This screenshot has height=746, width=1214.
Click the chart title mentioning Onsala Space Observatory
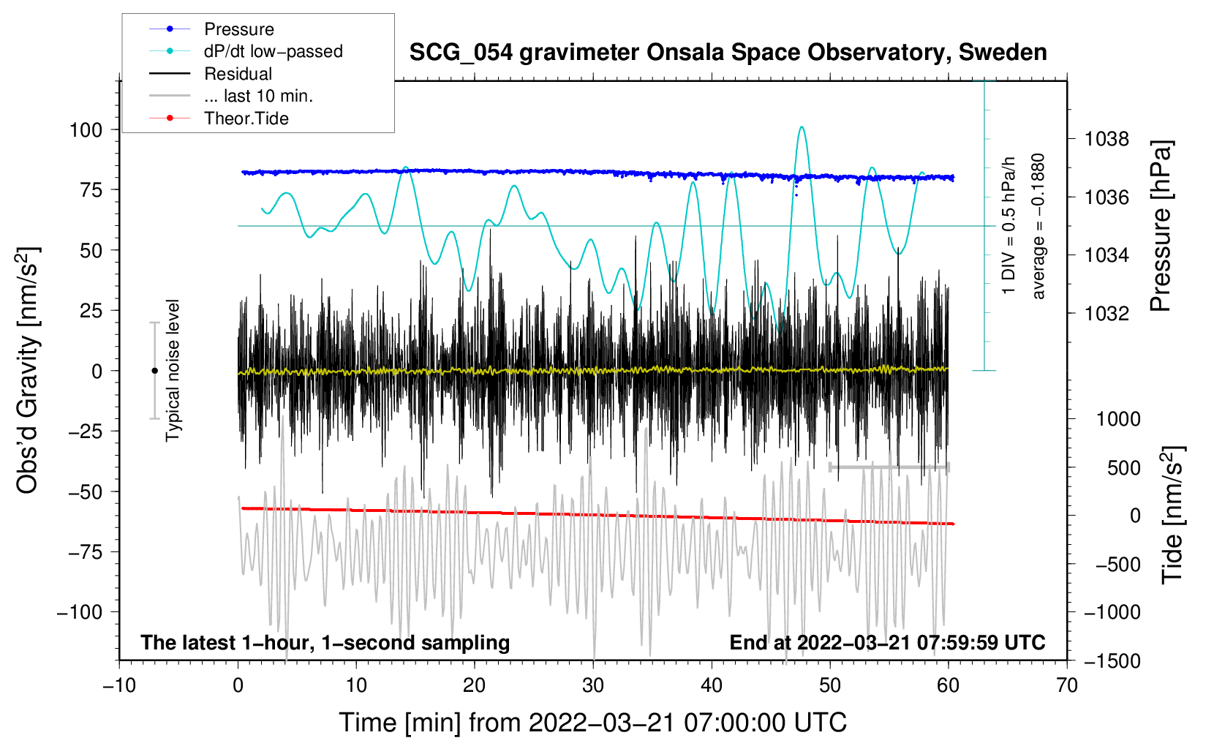(x=728, y=53)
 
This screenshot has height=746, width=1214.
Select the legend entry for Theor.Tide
(x=219, y=118)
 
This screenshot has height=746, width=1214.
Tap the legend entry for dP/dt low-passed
(x=246, y=51)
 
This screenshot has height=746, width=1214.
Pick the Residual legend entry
(x=211, y=74)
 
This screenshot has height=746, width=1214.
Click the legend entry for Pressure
(x=211, y=29)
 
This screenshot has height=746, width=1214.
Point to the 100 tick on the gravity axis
(x=86, y=130)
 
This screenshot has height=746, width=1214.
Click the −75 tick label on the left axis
(x=85, y=552)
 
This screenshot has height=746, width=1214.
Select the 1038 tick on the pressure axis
(x=1106, y=140)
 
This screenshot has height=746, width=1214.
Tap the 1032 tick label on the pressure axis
(x=1106, y=313)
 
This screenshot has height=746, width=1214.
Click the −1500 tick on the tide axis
(x=1112, y=661)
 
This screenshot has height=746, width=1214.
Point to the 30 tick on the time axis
(x=593, y=685)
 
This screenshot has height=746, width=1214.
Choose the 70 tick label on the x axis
(x=1066, y=685)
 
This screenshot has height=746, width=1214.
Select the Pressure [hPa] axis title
(x=1161, y=226)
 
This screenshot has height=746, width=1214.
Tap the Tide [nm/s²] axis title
(x=1173, y=515)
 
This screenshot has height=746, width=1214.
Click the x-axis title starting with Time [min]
(x=593, y=723)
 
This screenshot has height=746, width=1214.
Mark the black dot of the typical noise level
(x=154, y=371)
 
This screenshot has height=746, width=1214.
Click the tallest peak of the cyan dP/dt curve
(x=802, y=127)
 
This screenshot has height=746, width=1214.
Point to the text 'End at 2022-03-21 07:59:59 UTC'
(x=887, y=642)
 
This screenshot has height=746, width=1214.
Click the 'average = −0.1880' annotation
(x=1038, y=226)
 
